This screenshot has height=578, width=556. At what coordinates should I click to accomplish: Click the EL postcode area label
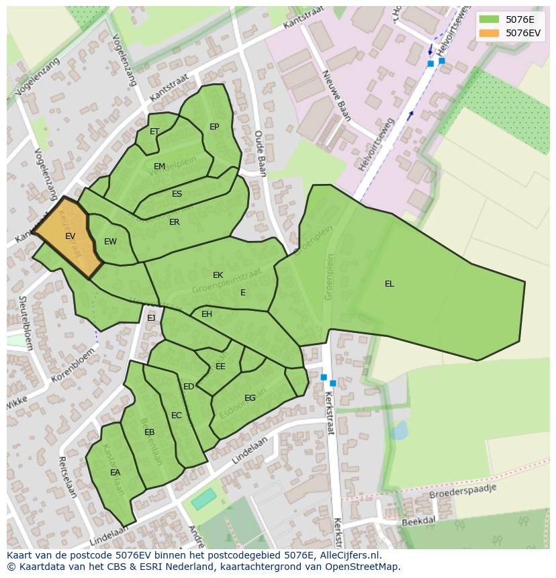(x=389, y=284)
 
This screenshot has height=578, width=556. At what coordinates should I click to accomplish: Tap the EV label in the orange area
(x=71, y=236)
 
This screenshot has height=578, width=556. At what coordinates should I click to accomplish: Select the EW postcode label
(x=110, y=242)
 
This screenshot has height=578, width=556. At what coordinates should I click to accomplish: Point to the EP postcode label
(x=214, y=127)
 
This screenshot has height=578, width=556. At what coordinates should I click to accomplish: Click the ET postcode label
(x=154, y=132)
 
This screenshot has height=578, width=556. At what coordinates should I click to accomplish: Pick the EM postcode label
(x=159, y=166)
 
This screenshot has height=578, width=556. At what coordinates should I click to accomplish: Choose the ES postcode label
(x=177, y=194)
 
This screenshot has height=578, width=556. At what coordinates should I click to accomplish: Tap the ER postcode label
(x=174, y=222)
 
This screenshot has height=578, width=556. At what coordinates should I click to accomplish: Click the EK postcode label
(x=218, y=275)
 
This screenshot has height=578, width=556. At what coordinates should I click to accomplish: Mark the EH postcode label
(x=207, y=314)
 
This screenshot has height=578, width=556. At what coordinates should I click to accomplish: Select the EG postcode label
(x=250, y=398)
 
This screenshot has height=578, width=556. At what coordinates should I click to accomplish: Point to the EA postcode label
(x=115, y=473)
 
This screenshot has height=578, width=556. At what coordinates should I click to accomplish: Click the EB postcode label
(x=149, y=432)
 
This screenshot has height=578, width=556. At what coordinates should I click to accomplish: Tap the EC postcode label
(x=176, y=416)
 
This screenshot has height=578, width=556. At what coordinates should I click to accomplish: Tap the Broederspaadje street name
(x=464, y=492)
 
